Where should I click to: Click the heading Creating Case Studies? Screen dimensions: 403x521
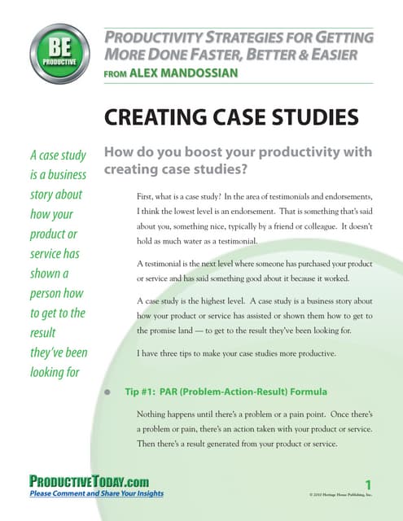point(231,117)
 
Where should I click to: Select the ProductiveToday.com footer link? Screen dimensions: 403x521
point(89,481)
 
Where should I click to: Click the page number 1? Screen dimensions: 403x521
point(367,484)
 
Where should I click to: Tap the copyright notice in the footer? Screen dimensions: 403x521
point(339,494)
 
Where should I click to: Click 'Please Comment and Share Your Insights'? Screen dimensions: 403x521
point(96,493)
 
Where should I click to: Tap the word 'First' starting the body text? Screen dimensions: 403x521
point(147,195)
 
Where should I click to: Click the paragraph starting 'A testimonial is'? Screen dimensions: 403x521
point(255,273)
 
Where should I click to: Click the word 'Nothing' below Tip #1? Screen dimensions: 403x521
point(154,414)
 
